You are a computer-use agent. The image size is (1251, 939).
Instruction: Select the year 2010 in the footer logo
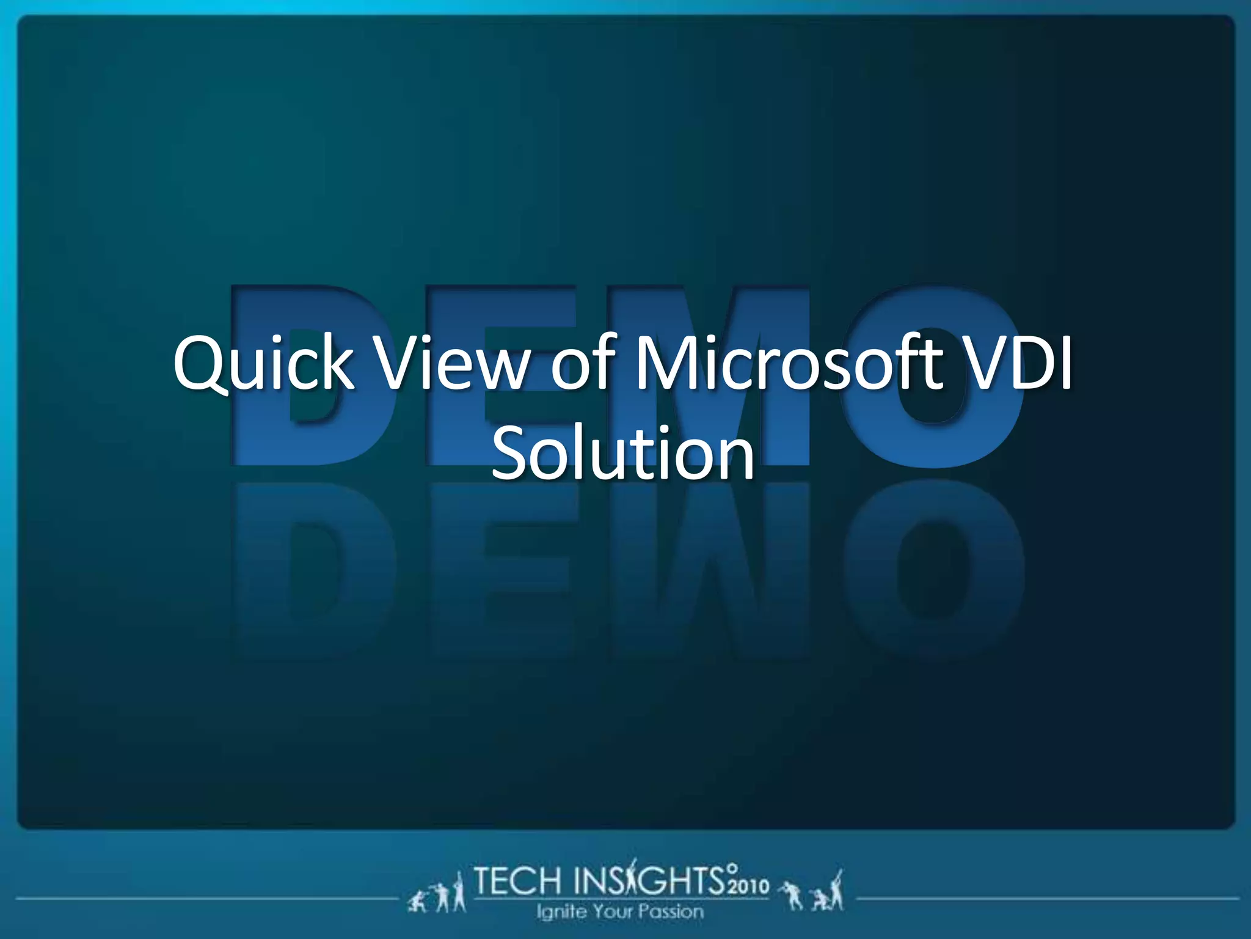pyautogui.click(x=748, y=886)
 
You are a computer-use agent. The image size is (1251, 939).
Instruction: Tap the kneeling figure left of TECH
pyautogui.click(x=419, y=902)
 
